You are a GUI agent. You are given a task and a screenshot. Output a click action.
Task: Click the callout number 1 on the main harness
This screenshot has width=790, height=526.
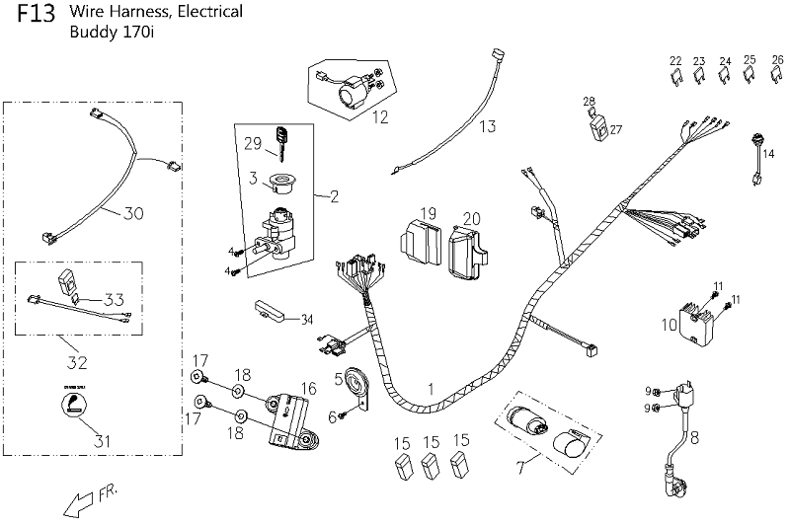[x=432, y=389]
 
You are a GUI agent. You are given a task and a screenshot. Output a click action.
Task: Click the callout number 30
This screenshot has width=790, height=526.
[x=132, y=212]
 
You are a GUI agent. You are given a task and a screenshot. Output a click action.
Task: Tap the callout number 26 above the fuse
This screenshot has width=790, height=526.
[x=777, y=59]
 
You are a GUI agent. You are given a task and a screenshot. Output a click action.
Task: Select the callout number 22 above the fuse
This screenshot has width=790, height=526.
[x=675, y=60]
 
